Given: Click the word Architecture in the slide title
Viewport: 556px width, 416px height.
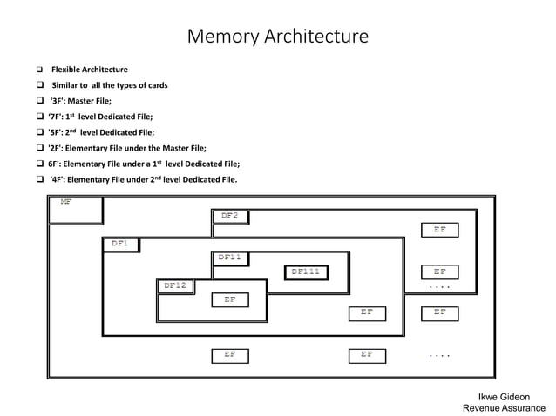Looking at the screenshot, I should click(x=315, y=37).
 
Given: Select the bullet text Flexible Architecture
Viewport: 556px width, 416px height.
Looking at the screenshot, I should click(x=89, y=70).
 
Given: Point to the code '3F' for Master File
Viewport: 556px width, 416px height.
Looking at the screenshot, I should click(x=59, y=101).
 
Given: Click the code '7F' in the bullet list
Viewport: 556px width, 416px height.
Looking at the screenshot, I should click(x=58, y=117).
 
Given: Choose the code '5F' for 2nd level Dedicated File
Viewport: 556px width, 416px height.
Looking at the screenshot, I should click(x=58, y=132).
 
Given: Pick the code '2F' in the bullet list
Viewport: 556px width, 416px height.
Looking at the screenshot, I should click(x=58, y=148).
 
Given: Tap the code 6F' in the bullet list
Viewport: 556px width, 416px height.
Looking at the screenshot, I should click(x=58, y=164).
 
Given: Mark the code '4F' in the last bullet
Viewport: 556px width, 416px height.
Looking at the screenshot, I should click(x=59, y=179).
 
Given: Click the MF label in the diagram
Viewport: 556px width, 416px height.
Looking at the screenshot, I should click(x=66, y=202).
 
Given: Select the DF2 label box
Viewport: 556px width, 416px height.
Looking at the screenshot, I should click(x=230, y=216).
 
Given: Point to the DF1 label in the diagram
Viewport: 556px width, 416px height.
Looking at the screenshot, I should click(x=120, y=245).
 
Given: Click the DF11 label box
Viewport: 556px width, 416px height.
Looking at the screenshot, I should click(x=230, y=258).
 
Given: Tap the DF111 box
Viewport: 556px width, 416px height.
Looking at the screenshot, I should click(x=305, y=272).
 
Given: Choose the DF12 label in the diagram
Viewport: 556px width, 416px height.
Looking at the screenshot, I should click(x=175, y=285).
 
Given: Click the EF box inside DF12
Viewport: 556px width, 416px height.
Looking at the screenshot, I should click(x=230, y=299).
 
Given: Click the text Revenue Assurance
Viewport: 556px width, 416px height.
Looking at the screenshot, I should click(x=504, y=407).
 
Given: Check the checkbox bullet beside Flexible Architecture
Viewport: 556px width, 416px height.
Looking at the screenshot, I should click(x=40, y=70).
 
